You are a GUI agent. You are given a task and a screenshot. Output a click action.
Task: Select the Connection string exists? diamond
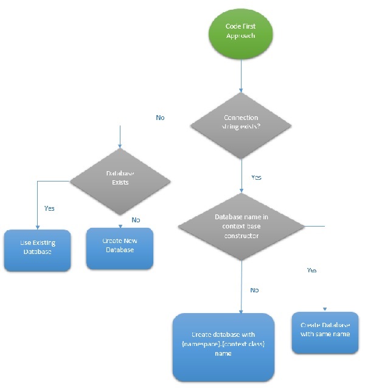tap(241, 122)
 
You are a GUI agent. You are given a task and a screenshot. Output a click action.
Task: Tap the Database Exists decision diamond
tap(119, 178)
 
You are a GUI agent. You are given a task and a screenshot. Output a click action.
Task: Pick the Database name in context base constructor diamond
tap(241, 227)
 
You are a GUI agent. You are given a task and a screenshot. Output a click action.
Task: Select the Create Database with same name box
tap(324, 333)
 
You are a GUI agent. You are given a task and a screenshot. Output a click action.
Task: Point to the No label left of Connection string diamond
tap(160, 118)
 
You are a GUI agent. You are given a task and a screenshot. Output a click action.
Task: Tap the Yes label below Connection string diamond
tap(256, 177)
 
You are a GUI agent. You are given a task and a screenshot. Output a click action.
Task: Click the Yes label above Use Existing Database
tap(49, 208)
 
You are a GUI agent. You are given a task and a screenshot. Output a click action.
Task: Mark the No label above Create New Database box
tap(135, 219)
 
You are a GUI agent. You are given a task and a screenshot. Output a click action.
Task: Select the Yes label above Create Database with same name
tap(311, 270)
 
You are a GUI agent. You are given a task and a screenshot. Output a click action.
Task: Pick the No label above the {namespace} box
tap(254, 290)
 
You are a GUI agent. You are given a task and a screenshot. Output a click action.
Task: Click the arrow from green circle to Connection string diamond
tap(241, 73)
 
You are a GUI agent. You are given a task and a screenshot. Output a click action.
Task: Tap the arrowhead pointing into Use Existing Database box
tap(37, 227)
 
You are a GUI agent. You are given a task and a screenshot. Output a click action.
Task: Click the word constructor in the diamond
tap(241, 235)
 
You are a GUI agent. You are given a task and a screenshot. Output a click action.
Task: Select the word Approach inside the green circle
tap(241, 37)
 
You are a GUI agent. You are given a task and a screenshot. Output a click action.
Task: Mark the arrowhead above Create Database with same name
tap(324, 309)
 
